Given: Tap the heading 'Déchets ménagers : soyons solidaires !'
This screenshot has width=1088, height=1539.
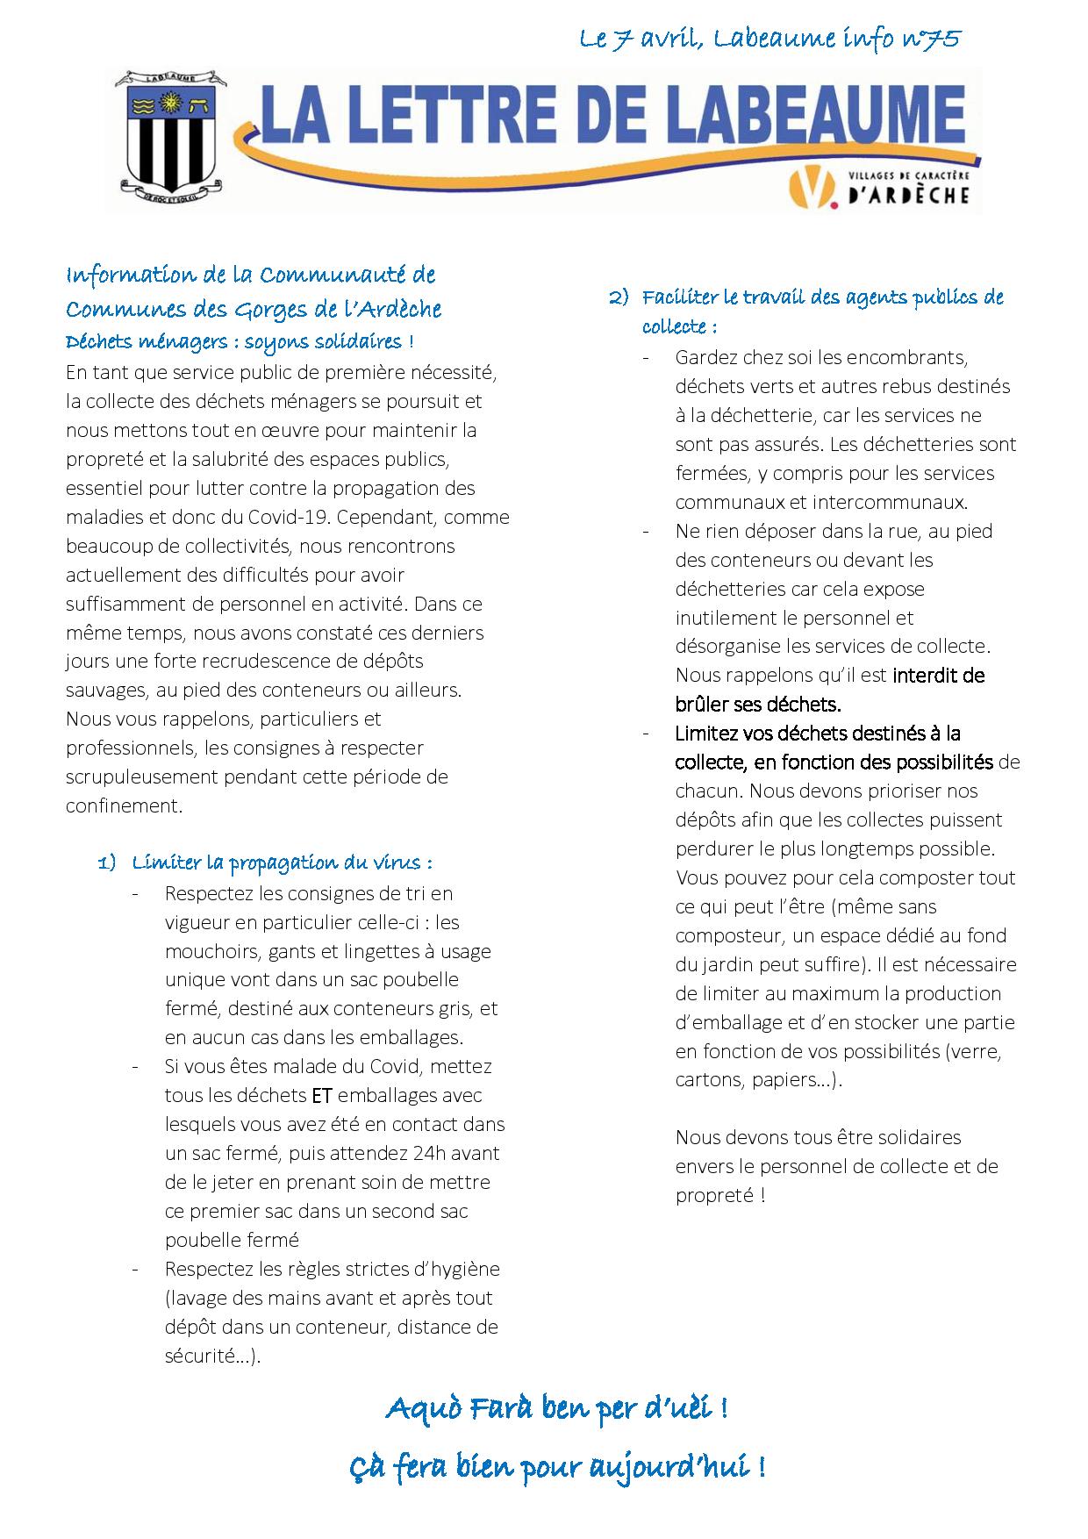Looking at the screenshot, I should [240, 341].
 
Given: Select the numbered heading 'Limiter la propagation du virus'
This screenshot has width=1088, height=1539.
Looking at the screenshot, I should [281, 863].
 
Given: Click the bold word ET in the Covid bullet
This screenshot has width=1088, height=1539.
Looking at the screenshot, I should [321, 1096].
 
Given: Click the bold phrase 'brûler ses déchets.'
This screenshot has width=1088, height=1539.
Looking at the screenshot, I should [758, 704].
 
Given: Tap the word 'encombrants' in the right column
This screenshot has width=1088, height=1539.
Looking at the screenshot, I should [914, 358].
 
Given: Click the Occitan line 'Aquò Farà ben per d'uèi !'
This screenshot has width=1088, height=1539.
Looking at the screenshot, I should [556, 1410].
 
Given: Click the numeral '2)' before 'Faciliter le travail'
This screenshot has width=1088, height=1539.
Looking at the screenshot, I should [619, 297].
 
